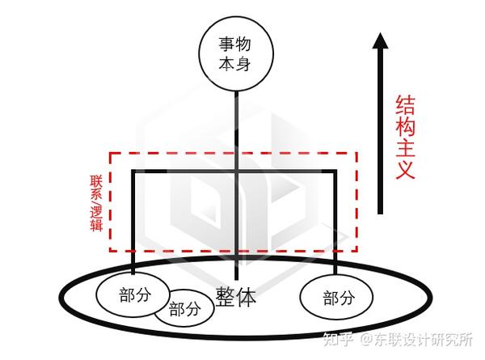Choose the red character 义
(407, 170)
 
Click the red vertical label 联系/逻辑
(96, 201)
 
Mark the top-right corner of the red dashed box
(356, 152)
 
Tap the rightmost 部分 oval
(337, 297)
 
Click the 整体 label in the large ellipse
(236, 296)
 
